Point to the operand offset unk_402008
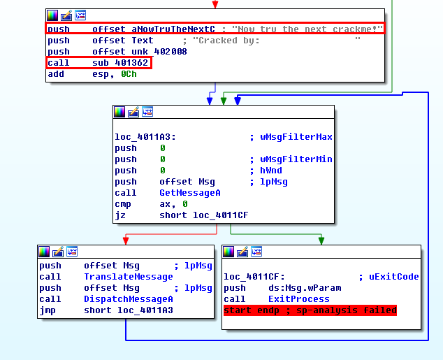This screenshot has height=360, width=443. (140, 52)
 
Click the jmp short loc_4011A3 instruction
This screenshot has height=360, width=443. (106, 310)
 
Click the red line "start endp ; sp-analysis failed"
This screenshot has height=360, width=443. (310, 310)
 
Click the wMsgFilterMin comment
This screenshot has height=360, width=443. (294, 159)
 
